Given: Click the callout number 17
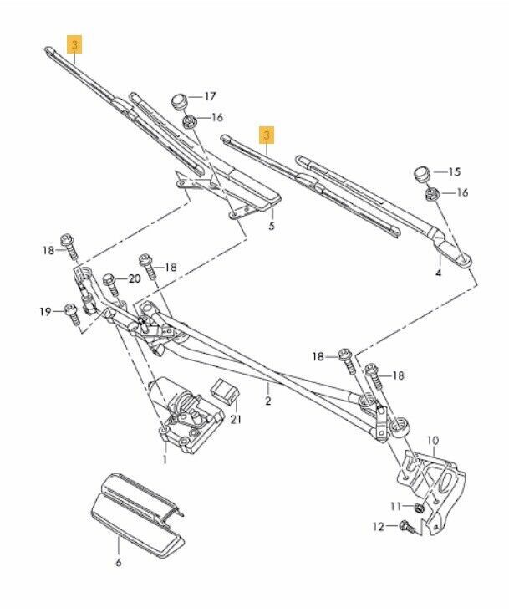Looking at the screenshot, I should [211, 97].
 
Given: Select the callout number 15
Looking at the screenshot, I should [454, 172].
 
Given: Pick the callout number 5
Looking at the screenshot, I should [271, 227].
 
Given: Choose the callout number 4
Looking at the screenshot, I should [438, 273].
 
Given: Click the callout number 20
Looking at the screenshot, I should [135, 278].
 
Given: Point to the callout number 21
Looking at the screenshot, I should [235, 419].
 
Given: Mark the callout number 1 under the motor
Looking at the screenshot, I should [165, 460].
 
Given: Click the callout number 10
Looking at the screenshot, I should [432, 440].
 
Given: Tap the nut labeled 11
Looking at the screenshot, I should [419, 508].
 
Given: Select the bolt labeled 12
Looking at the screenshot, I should [407, 527].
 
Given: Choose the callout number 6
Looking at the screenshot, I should [118, 563].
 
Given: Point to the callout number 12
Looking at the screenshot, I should [378, 527].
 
